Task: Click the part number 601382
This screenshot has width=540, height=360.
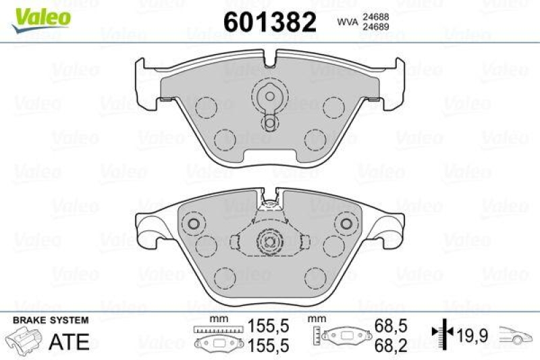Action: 269,22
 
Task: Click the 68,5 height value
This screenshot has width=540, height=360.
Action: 391,326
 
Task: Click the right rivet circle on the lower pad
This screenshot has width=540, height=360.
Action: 346,224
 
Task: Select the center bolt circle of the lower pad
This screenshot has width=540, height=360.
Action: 269,240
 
